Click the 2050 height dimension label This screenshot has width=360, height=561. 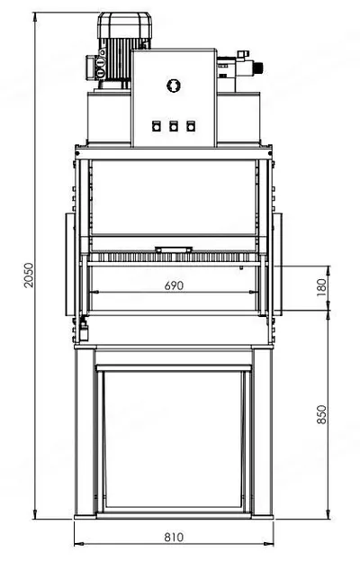28,275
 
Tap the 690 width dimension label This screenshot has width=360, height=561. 174,285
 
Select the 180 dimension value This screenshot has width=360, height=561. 321,287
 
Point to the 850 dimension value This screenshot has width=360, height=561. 321,414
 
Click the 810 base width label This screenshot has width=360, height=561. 174,537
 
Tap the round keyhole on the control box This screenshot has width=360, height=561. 174,86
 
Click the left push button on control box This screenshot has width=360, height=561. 156,126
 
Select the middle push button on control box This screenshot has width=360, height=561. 174,126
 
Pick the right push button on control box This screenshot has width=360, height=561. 191,126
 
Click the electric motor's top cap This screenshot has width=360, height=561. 124,24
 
